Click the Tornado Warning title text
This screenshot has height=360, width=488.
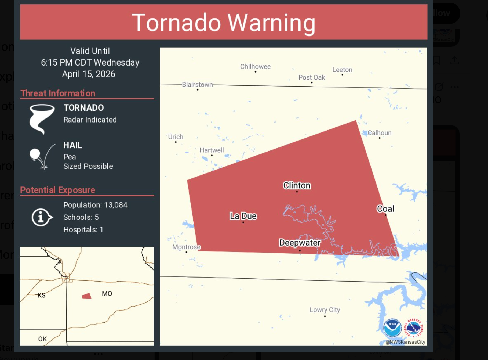tap(223, 23)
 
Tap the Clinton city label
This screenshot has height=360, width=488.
tap(297, 185)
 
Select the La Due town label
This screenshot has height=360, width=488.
tap(243, 216)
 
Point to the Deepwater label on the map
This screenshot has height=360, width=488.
tap(300, 243)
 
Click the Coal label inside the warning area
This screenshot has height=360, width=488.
tap(385, 209)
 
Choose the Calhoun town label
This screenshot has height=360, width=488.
tap(379, 133)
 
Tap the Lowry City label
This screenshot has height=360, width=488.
tap(325, 310)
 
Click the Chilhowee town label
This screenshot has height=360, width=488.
tap(255, 66)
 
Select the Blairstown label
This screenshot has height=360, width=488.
tap(197, 85)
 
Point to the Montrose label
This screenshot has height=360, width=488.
tap(186, 247)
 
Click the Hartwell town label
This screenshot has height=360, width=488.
tap(212, 150)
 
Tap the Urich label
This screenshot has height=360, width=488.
tap(176, 137)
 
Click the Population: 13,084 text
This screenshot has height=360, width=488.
tap(95, 205)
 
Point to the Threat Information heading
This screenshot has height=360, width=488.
tap(58, 93)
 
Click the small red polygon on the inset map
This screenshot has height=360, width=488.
tap(87, 296)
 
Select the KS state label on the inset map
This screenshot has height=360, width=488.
tap(41, 295)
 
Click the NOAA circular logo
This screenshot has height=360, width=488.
tap(392, 328)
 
